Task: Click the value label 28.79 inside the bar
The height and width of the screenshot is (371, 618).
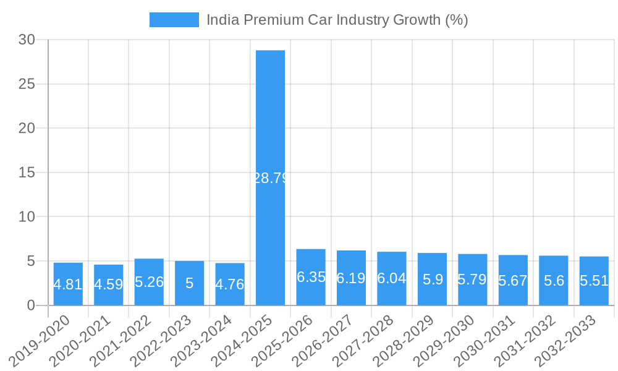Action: tap(271, 179)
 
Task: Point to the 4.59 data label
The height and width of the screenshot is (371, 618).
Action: tap(109, 285)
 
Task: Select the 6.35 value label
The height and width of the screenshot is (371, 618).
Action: tap(311, 277)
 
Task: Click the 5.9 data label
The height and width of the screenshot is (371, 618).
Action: tap(433, 279)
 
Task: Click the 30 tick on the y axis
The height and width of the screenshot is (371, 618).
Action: tap(27, 40)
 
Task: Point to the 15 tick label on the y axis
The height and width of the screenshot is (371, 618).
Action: tap(27, 173)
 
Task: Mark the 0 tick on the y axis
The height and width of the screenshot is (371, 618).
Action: tap(32, 305)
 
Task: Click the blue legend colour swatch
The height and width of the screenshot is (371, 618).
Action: tap(174, 20)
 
